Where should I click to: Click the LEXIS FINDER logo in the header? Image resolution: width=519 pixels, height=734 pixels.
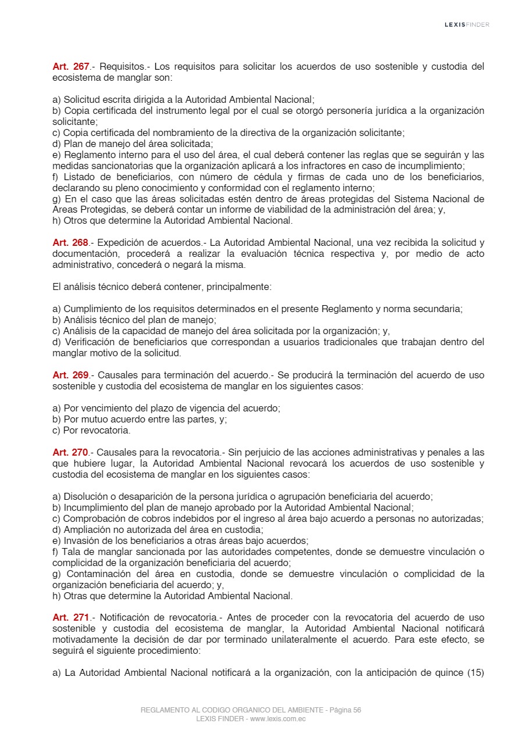467,24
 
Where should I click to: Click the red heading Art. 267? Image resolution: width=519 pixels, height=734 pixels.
70,67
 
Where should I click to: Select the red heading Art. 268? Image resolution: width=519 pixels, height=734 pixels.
70,243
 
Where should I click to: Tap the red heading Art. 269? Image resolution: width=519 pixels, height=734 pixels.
70,375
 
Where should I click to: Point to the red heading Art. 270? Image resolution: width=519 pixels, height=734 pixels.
70,453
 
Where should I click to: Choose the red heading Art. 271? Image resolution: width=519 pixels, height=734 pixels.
70,618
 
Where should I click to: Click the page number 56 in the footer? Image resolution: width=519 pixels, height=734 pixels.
356,710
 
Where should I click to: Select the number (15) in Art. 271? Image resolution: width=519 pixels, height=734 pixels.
475,673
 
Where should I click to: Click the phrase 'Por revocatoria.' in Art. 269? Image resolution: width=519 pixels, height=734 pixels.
91,431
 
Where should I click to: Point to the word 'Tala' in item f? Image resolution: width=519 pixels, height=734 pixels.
71,552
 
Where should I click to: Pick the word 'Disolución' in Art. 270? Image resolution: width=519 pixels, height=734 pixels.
86,496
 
